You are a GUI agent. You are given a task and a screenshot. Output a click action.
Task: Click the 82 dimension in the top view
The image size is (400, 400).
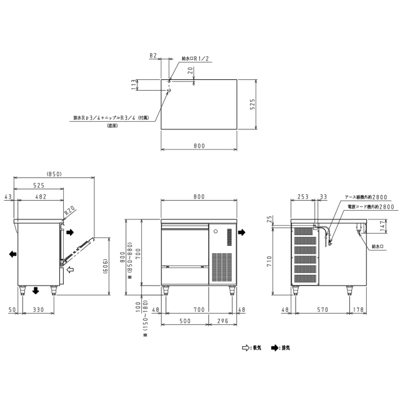(x=153, y=56)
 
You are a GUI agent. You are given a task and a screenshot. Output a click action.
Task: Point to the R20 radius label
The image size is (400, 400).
(x=69, y=210)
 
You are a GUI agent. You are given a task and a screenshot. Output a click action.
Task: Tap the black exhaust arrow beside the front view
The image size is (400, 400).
(x=241, y=232)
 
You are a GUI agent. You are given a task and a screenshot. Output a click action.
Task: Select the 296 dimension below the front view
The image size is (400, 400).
(x=222, y=322)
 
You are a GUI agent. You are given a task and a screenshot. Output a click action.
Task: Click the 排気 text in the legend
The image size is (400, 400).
(x=286, y=347)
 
